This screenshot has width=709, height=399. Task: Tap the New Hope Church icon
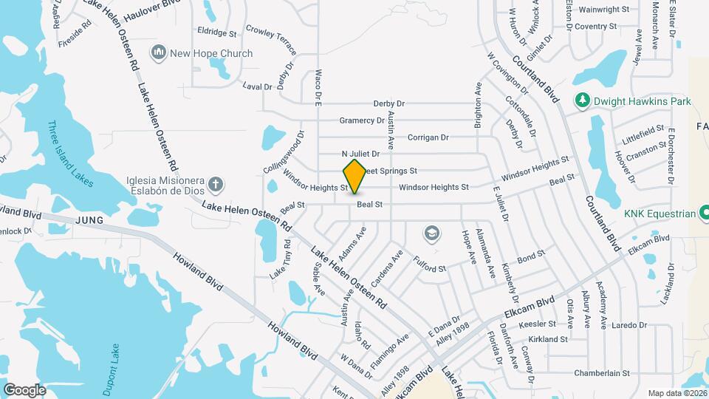158,52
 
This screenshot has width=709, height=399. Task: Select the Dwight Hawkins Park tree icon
583,100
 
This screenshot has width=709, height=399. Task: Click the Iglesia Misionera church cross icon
216,184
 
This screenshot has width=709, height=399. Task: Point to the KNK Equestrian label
660,214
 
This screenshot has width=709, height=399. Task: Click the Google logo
24,389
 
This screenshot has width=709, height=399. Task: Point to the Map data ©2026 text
677,393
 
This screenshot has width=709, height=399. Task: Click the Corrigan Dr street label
428,137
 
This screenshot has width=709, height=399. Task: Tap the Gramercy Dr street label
362,120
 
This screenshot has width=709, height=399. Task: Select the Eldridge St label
216,33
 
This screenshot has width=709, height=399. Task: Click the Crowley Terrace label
271,41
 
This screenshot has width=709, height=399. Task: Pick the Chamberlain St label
601,373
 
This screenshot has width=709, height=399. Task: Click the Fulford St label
430,265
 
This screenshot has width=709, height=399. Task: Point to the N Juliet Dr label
360,154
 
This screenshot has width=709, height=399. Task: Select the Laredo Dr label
628,324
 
